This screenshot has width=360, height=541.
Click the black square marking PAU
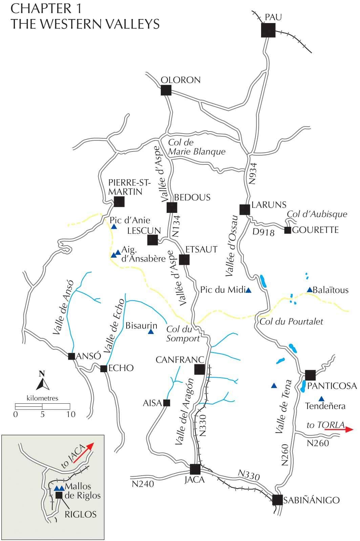tap(268, 31)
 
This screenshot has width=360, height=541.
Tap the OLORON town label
tap(181, 80)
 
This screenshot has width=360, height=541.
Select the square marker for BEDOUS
tap(172, 207)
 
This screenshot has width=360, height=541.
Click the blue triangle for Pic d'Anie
tap(114, 226)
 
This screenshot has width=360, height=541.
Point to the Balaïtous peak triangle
tap(309, 290)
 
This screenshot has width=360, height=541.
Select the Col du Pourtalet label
tap(291, 321)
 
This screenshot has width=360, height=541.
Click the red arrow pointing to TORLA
tap(339, 429)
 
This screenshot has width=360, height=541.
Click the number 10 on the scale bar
tap(70, 414)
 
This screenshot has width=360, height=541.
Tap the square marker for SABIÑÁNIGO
tap(278, 500)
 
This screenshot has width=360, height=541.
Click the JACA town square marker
tap(195, 469)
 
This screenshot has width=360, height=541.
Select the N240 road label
tap(143, 484)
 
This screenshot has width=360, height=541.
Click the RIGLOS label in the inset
tap(80, 514)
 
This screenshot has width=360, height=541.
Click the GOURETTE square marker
tap(288, 231)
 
